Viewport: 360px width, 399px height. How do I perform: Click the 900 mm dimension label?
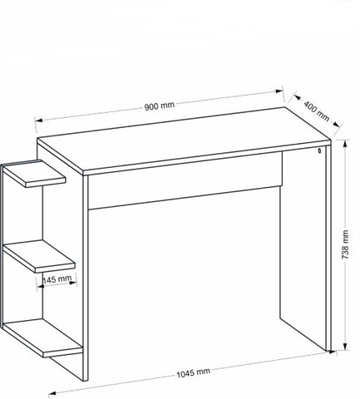pyautogui.click(x=160, y=106)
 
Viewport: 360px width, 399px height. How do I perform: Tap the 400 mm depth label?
pyautogui.click(x=317, y=111)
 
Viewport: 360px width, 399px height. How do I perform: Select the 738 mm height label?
pyautogui.click(x=345, y=244)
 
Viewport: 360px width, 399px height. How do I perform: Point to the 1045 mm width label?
pyautogui.click(x=193, y=373)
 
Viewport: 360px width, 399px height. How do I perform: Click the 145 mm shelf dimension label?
pyautogui.click(x=57, y=279)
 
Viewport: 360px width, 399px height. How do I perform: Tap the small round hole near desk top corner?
pyautogui.click(x=319, y=150)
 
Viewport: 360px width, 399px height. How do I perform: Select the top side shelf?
pyautogui.click(x=34, y=174)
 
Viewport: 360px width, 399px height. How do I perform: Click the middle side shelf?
pyautogui.click(x=39, y=256)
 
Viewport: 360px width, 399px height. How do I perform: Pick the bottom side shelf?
pyautogui.click(x=42, y=338)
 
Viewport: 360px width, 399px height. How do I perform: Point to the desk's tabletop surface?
pyautogui.click(x=184, y=140)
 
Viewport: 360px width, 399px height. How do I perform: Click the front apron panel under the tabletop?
pyautogui.click(x=185, y=180)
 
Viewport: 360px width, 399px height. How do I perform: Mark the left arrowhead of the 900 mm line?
pyautogui.click(x=38, y=121)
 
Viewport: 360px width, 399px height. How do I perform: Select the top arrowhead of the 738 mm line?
pyautogui.click(x=345, y=145)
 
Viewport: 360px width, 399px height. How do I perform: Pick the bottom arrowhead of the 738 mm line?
pyautogui.click(x=345, y=347)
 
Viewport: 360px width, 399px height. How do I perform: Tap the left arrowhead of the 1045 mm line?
pyautogui.click(x=52, y=393)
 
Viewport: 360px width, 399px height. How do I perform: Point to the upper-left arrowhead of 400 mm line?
pyautogui.click(x=298, y=97)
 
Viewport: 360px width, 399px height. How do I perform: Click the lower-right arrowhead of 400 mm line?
pyautogui.click(x=336, y=125)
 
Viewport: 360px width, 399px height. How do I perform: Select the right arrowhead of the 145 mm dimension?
pyautogui.click(x=73, y=283)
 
